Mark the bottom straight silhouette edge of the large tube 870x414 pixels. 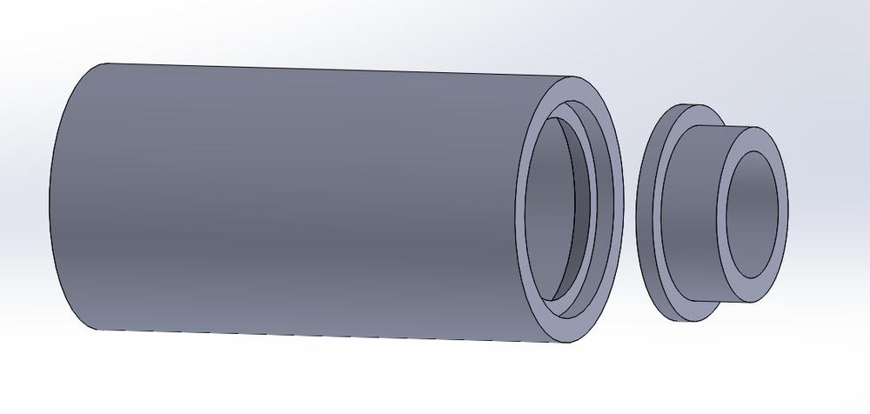331,336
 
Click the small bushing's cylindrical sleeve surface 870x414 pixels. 696,209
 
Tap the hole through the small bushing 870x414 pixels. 753,213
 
